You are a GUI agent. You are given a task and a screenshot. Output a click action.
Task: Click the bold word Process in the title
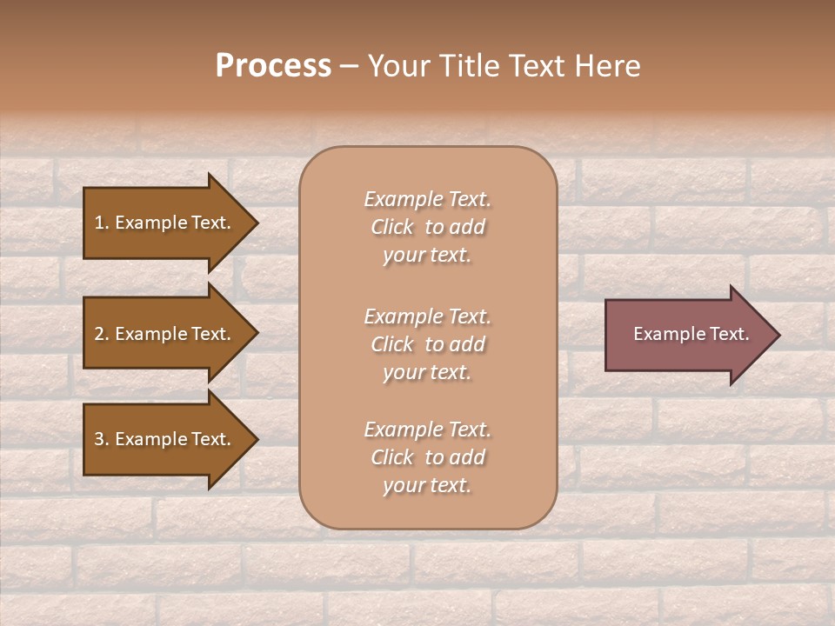click(x=273, y=66)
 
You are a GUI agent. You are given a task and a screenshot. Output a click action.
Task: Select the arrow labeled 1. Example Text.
click(x=165, y=223)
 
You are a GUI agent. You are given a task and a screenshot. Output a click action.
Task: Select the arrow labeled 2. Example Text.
click(x=165, y=334)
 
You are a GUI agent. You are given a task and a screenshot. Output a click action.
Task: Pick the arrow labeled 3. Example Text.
click(x=165, y=439)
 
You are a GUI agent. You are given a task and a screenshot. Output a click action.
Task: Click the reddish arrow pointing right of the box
click(x=687, y=334)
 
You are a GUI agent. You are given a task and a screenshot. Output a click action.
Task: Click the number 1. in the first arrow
click(x=101, y=223)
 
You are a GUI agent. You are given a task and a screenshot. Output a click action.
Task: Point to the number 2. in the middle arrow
click(x=101, y=334)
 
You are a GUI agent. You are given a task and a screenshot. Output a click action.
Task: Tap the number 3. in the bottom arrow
click(x=101, y=439)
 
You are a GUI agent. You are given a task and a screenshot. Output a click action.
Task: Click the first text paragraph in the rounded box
click(x=427, y=227)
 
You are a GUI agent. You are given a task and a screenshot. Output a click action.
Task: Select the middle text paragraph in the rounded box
click(x=427, y=344)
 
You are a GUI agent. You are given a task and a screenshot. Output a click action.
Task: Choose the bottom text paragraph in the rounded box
click(x=427, y=457)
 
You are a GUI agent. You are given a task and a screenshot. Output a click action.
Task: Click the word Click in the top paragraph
click(x=392, y=227)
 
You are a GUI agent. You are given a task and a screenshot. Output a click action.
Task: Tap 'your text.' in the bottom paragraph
click(x=427, y=485)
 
